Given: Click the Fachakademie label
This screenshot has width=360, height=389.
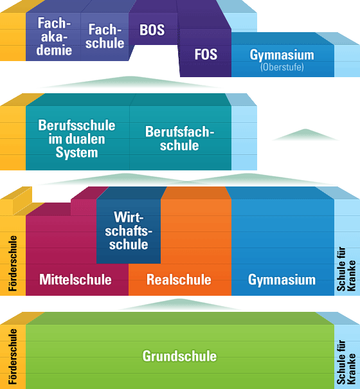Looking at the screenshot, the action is [x=54, y=36].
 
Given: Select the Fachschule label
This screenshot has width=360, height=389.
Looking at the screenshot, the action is [x=105, y=36].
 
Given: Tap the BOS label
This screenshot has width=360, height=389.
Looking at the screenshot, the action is [x=152, y=30].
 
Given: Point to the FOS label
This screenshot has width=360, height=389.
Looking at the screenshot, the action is [x=206, y=54].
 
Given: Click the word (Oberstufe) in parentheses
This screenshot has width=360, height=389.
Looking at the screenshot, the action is [x=282, y=67].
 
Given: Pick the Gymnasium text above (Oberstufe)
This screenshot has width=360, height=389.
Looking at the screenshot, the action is [x=282, y=55].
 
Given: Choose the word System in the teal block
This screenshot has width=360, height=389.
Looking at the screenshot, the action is [x=76, y=152].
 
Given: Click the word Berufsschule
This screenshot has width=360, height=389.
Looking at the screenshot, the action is [x=76, y=125].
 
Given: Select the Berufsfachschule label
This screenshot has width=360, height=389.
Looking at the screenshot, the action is [x=179, y=138].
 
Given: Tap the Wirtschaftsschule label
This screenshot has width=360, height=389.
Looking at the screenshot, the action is [x=129, y=231].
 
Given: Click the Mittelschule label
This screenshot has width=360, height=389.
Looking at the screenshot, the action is [x=75, y=280].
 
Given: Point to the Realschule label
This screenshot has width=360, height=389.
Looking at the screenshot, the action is [x=179, y=280].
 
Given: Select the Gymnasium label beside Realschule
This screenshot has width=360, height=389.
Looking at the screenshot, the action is [x=282, y=280].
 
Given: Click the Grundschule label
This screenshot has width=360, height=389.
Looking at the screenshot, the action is [x=179, y=356].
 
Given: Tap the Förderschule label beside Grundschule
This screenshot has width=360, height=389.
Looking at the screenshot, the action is [x=13, y=357].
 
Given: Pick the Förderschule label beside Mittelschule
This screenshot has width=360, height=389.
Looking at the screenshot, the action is [x=13, y=264].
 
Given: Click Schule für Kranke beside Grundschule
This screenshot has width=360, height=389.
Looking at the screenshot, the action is [x=346, y=362].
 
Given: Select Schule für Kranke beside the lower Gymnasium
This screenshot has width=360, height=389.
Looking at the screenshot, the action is [x=346, y=269].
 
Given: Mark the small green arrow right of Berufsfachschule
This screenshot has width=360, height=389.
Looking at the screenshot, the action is [x=305, y=135].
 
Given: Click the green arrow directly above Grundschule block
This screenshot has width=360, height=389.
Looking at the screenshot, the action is [x=179, y=305].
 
